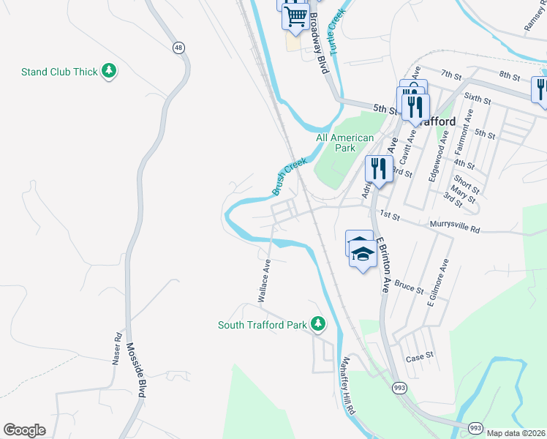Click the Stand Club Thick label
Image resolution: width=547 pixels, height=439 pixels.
pos(59,72)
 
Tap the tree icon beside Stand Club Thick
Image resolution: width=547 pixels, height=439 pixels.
pos(110,71)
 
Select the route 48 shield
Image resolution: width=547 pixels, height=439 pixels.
pos(178,48)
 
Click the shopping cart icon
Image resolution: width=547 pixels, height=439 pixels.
pos(295,15)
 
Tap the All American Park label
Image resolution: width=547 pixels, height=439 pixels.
pos(344,143)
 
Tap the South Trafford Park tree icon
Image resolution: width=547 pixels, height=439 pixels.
pos(317,323)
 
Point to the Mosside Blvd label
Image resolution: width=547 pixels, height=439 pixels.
pos(137,370)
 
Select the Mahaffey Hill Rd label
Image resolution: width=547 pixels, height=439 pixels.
pos(348,386)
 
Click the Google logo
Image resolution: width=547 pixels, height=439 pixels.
pos(24,430)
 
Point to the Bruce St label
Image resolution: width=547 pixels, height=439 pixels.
pos(409,285)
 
